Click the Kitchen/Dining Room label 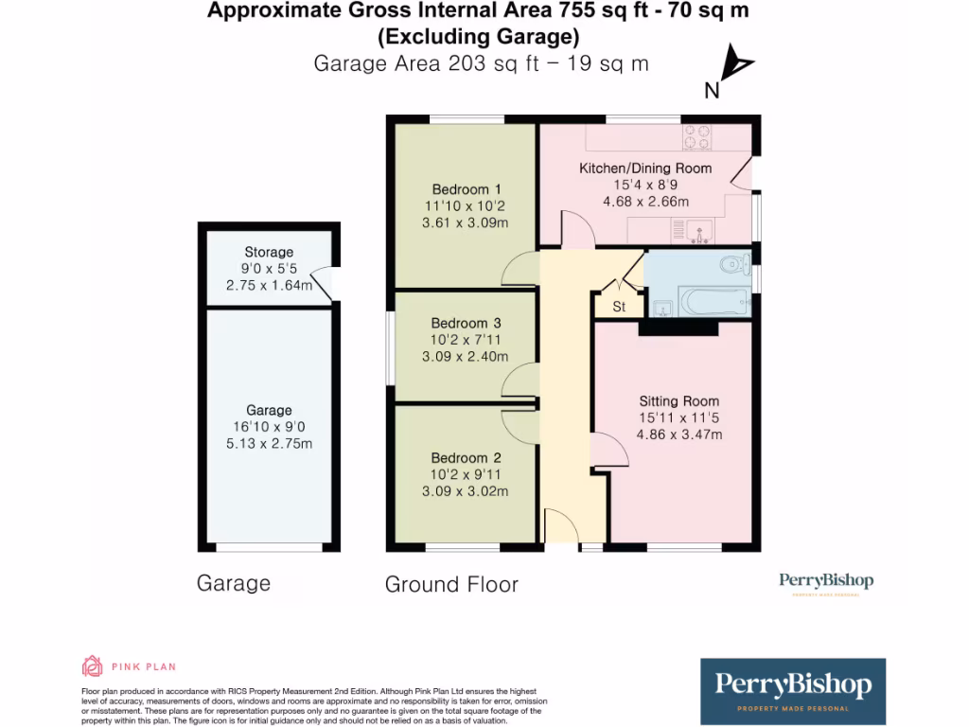645,168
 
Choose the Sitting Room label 678,400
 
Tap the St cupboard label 619,307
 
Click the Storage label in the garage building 269,252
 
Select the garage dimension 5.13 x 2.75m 269,443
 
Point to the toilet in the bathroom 733,264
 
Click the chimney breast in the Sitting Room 678,328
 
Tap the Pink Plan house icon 92,666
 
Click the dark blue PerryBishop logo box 793,691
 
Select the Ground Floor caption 451,584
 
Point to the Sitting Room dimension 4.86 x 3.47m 678,434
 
